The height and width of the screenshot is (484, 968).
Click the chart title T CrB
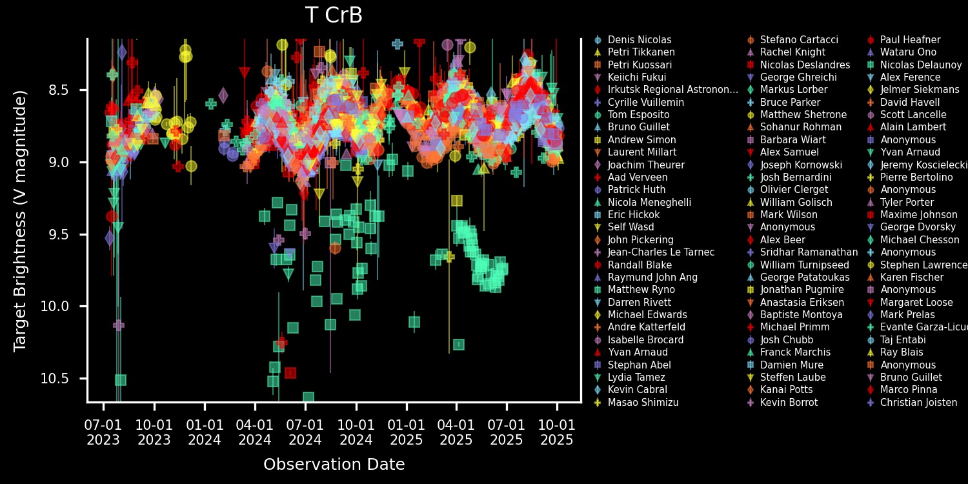(334, 16)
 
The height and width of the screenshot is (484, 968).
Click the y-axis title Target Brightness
(21, 221)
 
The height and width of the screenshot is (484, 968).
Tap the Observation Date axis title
(334, 464)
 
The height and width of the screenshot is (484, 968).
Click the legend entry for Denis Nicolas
(640, 40)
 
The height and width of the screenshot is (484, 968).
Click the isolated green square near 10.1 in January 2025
(414, 321)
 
